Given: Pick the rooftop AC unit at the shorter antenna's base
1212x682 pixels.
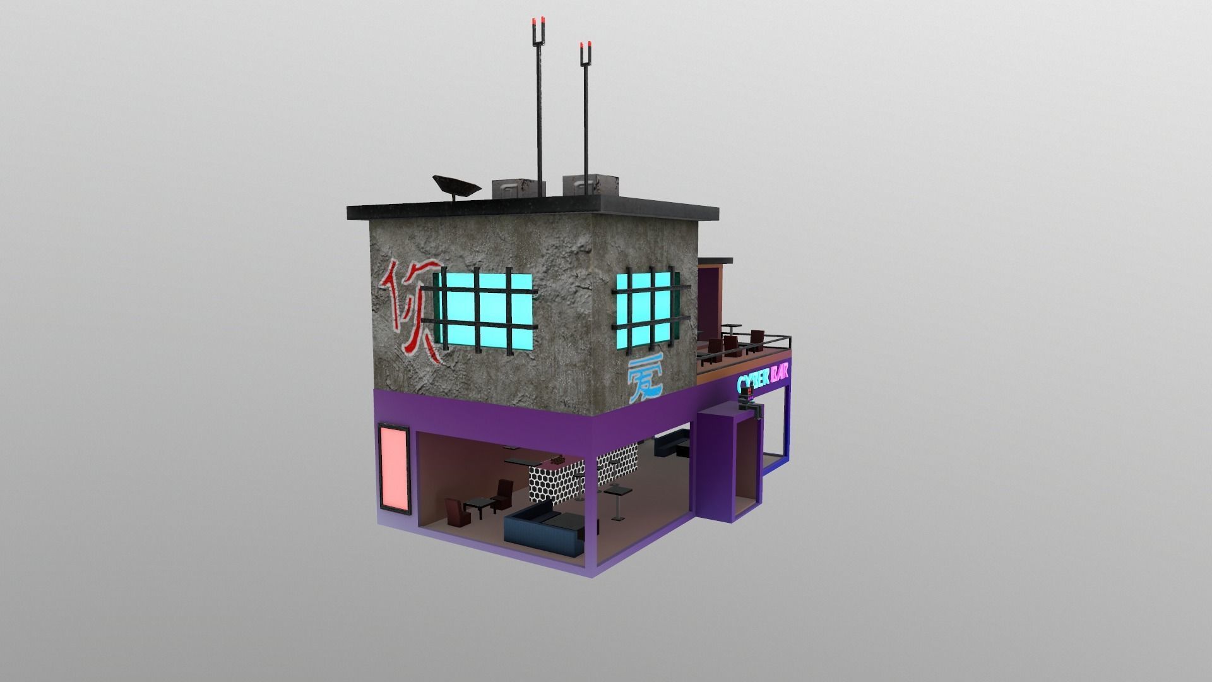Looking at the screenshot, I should tap(589, 183).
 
